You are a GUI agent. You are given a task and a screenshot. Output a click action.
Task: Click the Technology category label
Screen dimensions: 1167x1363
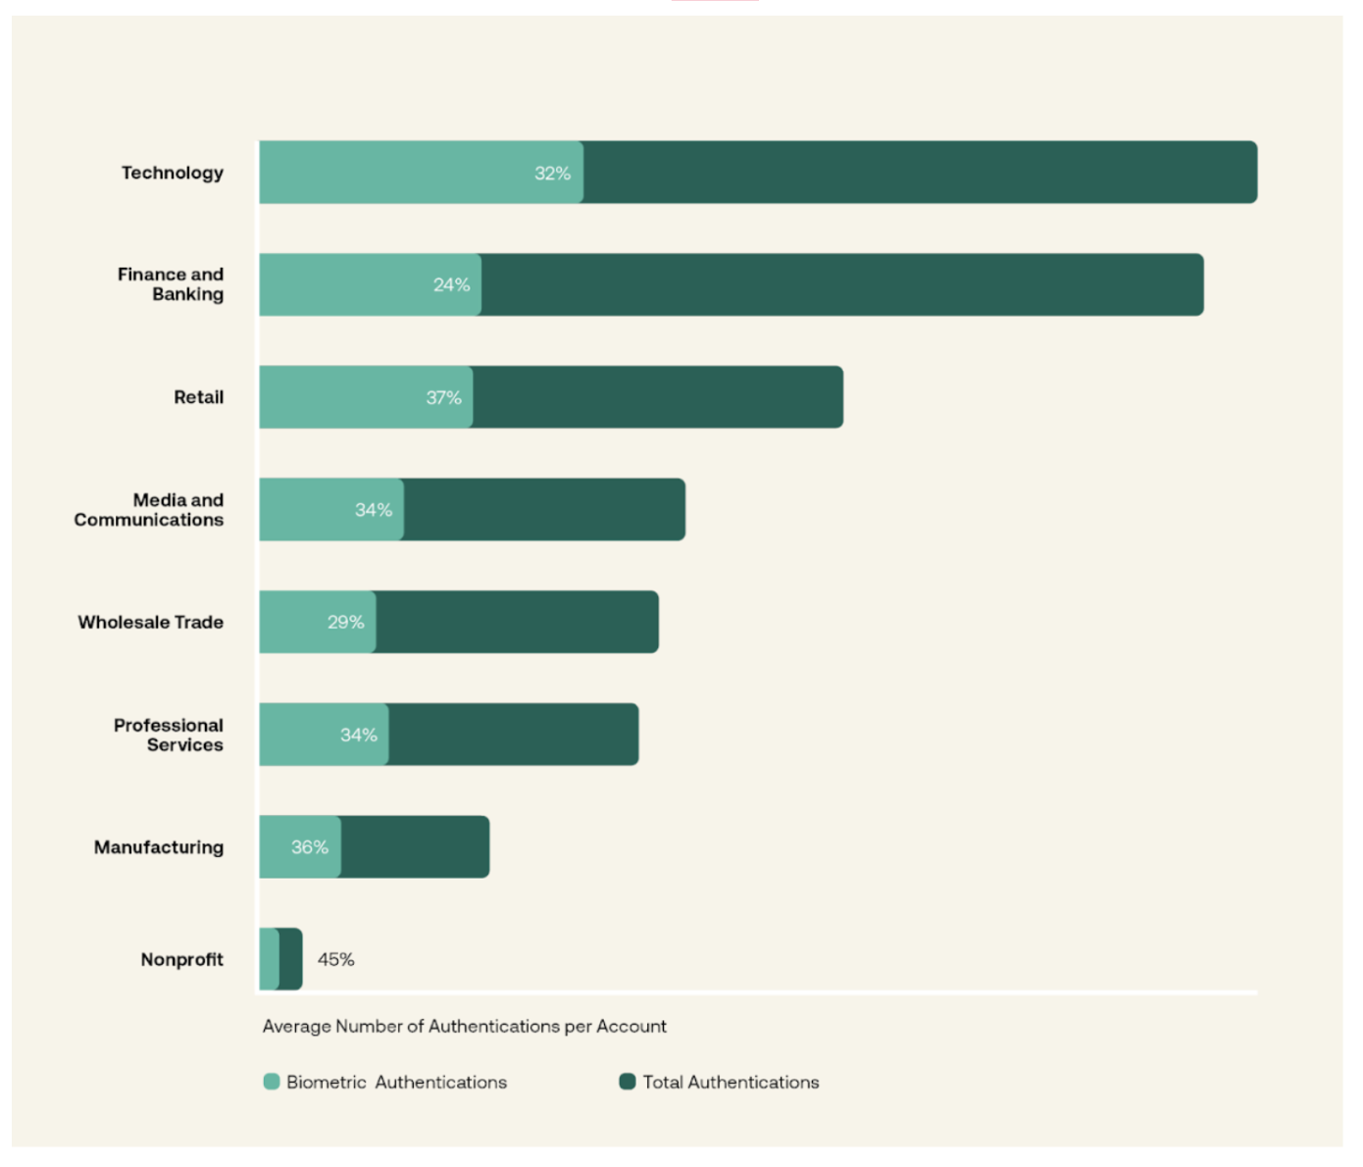(173, 173)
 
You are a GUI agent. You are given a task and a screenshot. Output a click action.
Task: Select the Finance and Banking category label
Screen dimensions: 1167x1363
(171, 284)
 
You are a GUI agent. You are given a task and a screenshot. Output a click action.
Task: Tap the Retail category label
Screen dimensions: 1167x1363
(199, 397)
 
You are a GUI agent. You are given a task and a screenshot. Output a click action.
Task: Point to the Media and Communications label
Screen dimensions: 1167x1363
(149, 510)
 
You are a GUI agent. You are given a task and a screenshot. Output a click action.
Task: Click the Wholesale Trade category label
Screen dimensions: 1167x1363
(151, 622)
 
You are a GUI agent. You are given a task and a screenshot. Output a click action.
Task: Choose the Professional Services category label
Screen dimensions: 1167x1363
(169, 735)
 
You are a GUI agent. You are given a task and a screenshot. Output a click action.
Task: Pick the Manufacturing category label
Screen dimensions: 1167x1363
(159, 847)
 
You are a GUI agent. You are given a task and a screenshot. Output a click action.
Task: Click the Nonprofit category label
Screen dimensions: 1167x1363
(182, 959)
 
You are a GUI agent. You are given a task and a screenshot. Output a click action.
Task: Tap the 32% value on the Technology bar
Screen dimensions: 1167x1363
(552, 174)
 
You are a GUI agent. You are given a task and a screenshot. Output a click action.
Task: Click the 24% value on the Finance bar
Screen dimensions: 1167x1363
(451, 285)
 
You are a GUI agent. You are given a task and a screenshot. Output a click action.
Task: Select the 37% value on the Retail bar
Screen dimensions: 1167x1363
(443, 397)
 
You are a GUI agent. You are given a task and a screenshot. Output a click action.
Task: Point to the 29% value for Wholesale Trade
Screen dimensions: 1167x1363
(345, 622)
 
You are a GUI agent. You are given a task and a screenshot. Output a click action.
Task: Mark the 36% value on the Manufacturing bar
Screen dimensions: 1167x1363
(309, 847)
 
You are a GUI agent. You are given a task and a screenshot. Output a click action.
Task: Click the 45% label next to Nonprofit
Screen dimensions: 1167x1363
(335, 959)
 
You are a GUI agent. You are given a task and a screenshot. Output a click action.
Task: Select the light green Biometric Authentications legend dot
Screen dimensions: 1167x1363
(272, 1082)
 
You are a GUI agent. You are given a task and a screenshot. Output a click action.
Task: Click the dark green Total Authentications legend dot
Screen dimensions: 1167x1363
(628, 1082)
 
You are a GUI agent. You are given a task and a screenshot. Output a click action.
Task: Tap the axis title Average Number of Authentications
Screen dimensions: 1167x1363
(464, 1026)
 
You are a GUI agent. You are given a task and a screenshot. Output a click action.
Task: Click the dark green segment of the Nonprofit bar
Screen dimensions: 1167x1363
(290, 959)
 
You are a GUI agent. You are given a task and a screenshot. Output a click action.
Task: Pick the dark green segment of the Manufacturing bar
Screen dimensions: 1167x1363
(415, 847)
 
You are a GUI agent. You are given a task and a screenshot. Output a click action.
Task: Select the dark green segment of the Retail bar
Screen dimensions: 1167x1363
(657, 397)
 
